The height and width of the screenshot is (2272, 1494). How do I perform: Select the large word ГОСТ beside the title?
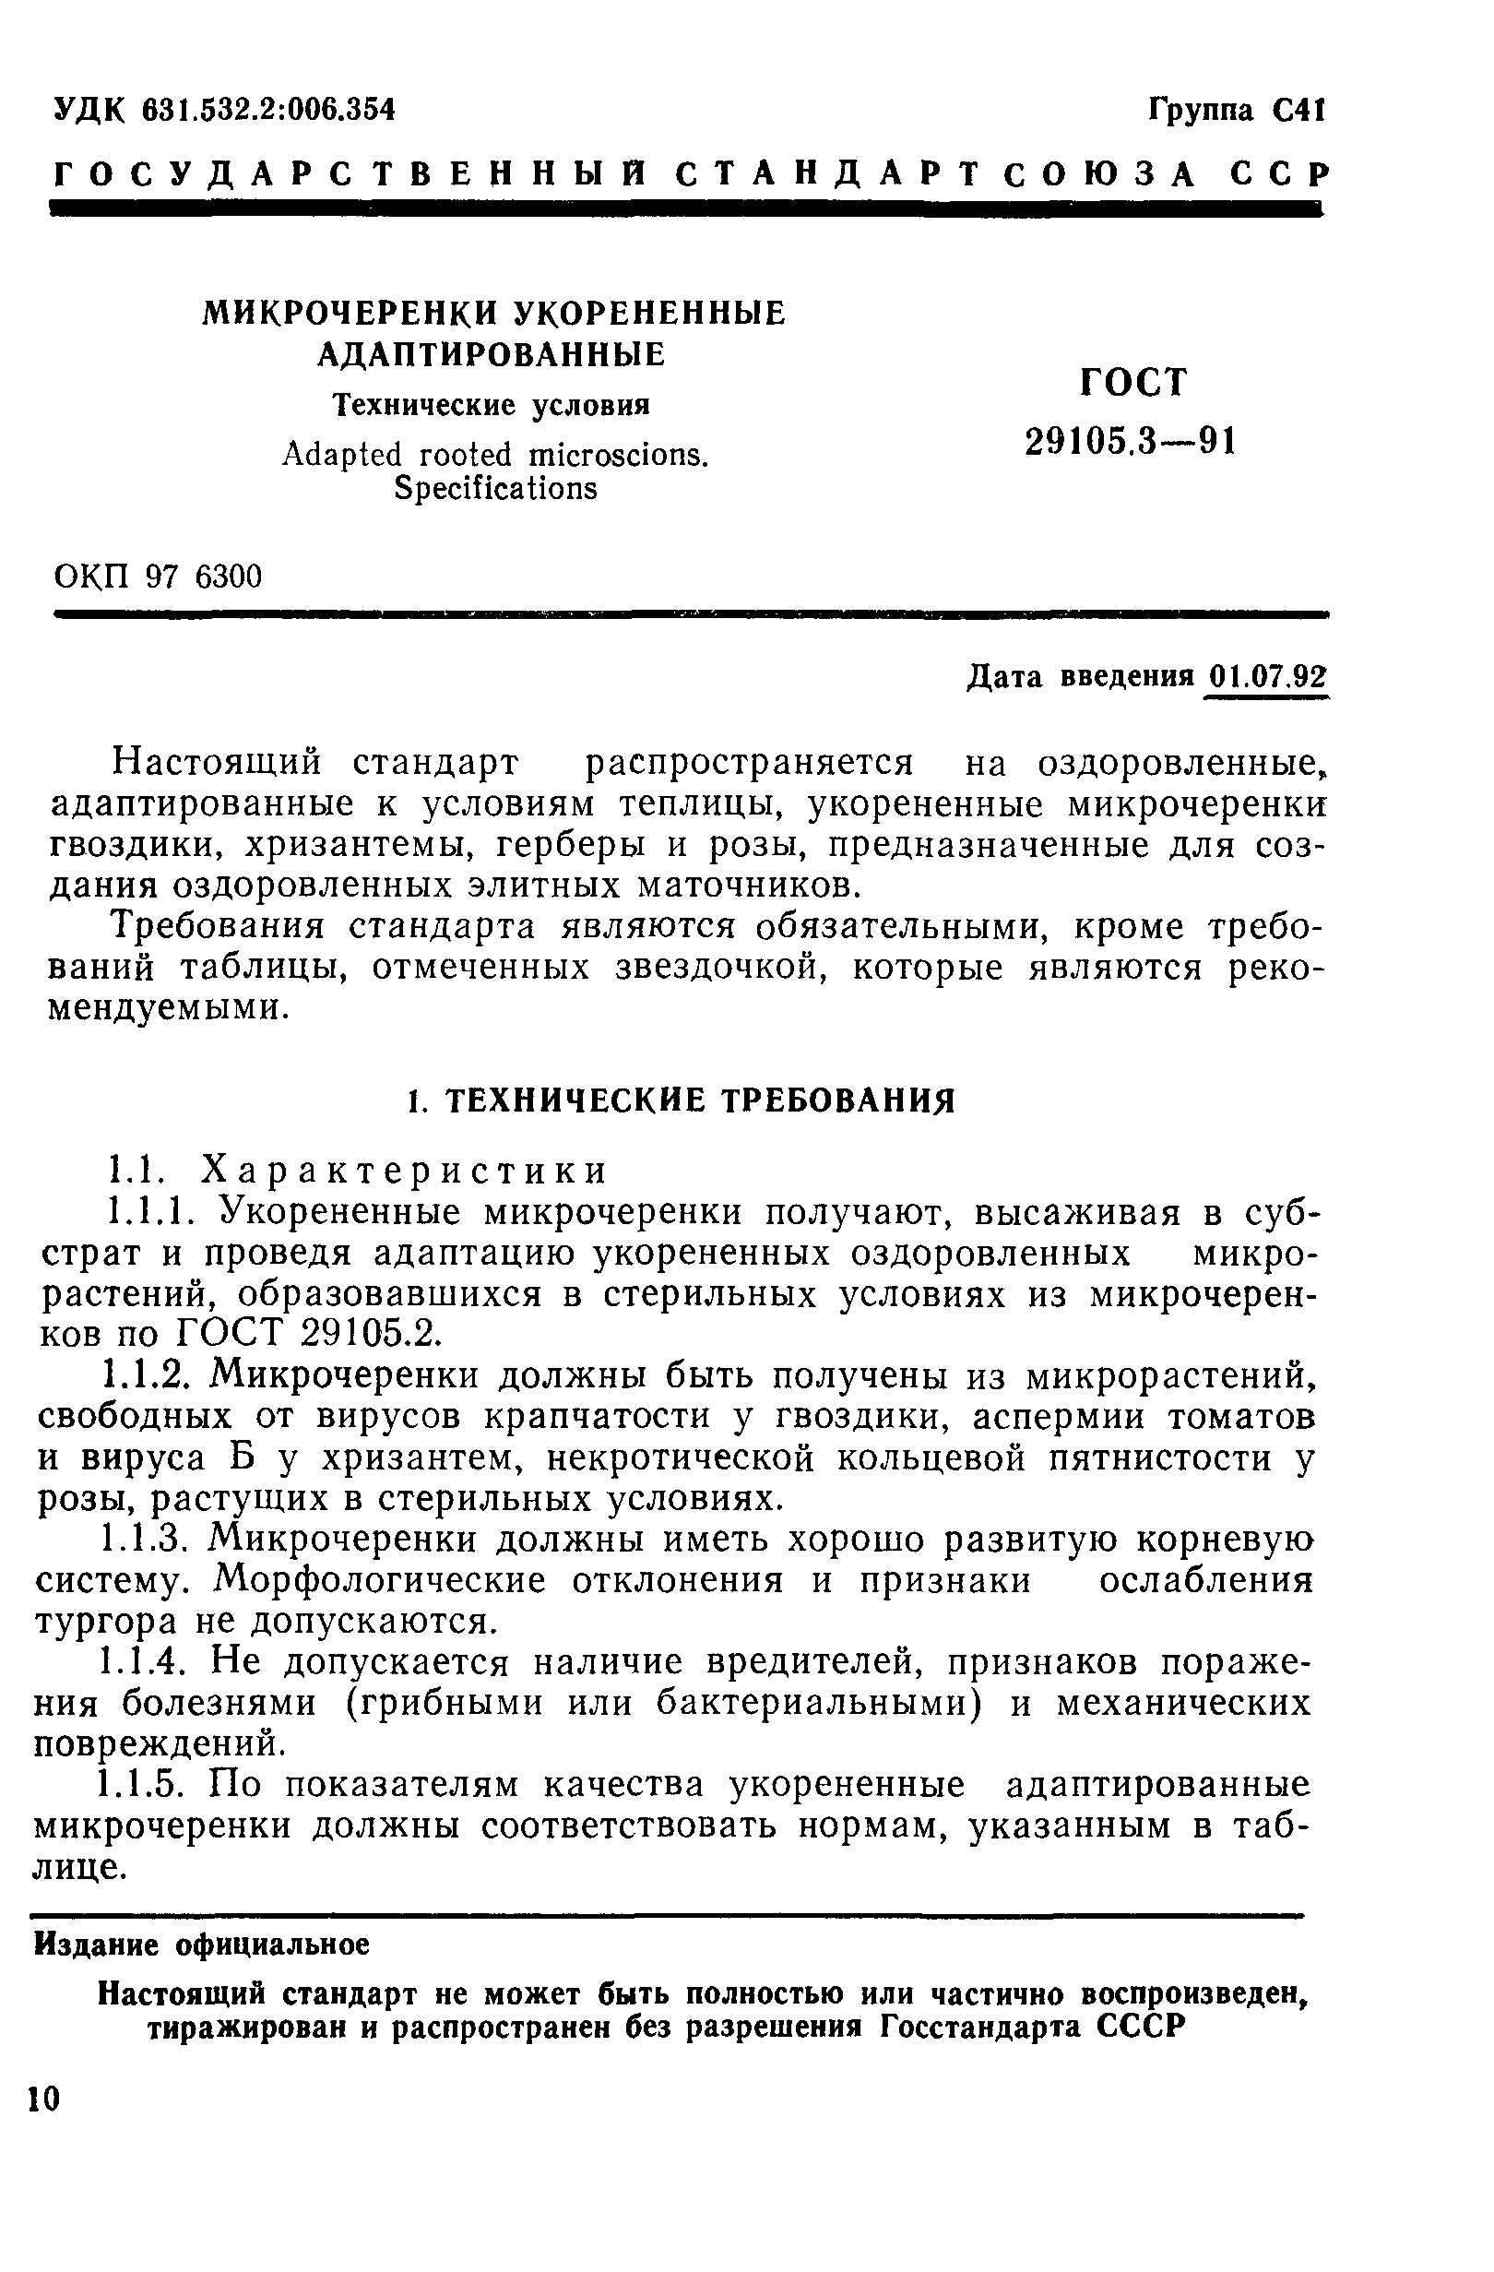(x=1133, y=383)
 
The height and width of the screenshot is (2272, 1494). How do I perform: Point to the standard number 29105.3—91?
(x=1131, y=442)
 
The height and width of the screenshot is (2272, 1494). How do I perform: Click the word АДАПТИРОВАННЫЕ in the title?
(x=492, y=355)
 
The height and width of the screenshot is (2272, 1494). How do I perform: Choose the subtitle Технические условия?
(x=491, y=406)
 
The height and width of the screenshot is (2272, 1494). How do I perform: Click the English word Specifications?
(x=495, y=489)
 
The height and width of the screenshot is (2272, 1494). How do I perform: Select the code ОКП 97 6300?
(x=158, y=577)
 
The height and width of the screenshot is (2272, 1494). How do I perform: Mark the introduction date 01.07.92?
(x=1268, y=677)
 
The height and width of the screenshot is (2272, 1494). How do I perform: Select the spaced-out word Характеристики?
(x=407, y=1171)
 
